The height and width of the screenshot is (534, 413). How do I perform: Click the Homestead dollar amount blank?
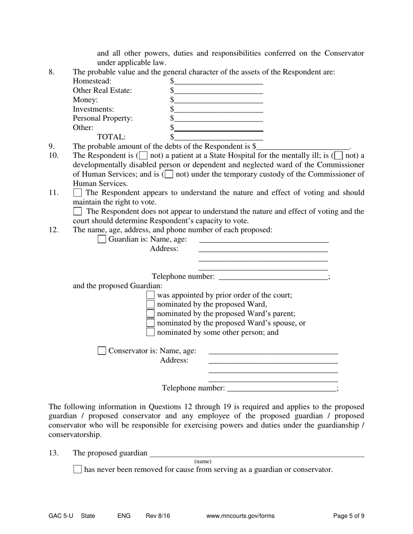pos(219,81)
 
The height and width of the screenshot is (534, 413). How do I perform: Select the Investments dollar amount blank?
pos(219,109)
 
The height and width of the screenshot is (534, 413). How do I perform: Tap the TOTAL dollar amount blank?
pos(219,138)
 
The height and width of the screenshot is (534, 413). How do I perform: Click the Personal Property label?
pos(103,118)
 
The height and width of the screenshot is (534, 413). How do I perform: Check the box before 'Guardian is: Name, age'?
pos(102,239)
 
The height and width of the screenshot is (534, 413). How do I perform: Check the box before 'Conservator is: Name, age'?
pos(102,351)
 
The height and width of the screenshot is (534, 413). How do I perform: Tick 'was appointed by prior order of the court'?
pos(150,295)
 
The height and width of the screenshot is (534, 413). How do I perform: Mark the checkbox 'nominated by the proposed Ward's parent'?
pos(150,313)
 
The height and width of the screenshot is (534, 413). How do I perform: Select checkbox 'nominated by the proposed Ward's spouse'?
pos(150,323)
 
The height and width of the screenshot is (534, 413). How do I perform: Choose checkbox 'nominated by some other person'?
pos(150,333)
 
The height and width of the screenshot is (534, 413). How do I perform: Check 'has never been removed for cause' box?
pos(77,469)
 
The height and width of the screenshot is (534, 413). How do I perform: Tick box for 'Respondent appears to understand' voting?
pos(77,192)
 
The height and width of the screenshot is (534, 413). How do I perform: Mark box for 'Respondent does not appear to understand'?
pos(77,211)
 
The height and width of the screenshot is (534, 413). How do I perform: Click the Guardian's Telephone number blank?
pos(273,277)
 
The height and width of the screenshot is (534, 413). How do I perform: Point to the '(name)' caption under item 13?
pos(203,461)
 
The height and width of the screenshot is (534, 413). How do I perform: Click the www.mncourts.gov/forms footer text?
pos(240,516)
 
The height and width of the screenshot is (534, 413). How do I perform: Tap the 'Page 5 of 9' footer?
pos(349,516)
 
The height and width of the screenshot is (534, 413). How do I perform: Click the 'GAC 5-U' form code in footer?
pos(61,516)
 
